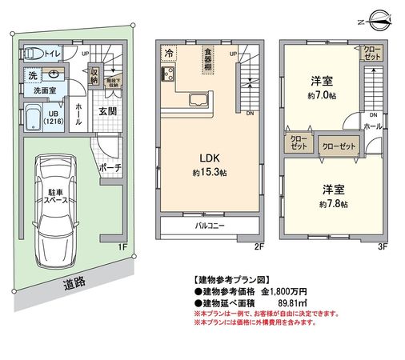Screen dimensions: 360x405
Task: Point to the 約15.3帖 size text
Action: point(210,172)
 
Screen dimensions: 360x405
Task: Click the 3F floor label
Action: point(383,246)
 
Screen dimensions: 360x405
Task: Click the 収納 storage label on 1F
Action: point(94,77)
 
